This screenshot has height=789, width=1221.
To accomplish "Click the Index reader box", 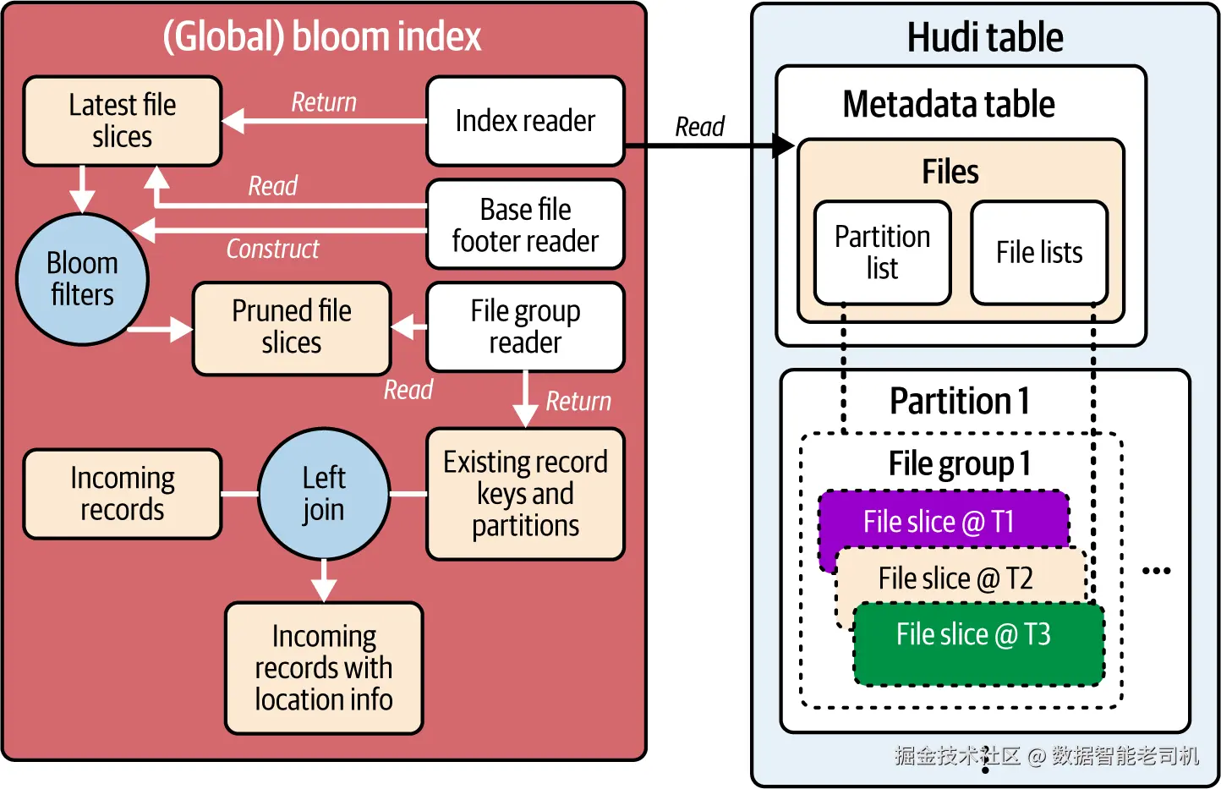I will [525, 121].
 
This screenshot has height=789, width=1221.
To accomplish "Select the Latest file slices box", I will [123, 121].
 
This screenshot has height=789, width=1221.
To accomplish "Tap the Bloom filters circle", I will [82, 279].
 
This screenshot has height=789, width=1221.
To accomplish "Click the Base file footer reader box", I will [525, 225].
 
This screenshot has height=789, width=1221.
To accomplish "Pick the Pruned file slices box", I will [292, 327].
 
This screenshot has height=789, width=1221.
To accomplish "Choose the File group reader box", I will [525, 327].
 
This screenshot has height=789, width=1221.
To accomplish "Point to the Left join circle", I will [324, 494].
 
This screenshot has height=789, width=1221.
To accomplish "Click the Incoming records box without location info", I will [123, 494].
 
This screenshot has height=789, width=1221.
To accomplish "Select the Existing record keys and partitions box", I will [525, 494].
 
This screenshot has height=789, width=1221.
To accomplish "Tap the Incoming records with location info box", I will [324, 668].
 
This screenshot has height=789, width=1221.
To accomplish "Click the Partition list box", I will [882, 253].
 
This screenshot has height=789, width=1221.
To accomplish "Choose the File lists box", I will [1039, 253].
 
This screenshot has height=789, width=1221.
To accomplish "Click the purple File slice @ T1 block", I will [939, 521].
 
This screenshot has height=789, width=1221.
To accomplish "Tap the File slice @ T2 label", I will [955, 578].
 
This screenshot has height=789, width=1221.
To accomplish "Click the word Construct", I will [272, 249].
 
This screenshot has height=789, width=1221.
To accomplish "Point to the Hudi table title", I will [985, 37].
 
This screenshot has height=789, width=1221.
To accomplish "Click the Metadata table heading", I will [949, 105].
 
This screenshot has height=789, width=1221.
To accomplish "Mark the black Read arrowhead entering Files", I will [785, 146].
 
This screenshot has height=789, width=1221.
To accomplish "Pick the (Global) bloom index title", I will [322, 37].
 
